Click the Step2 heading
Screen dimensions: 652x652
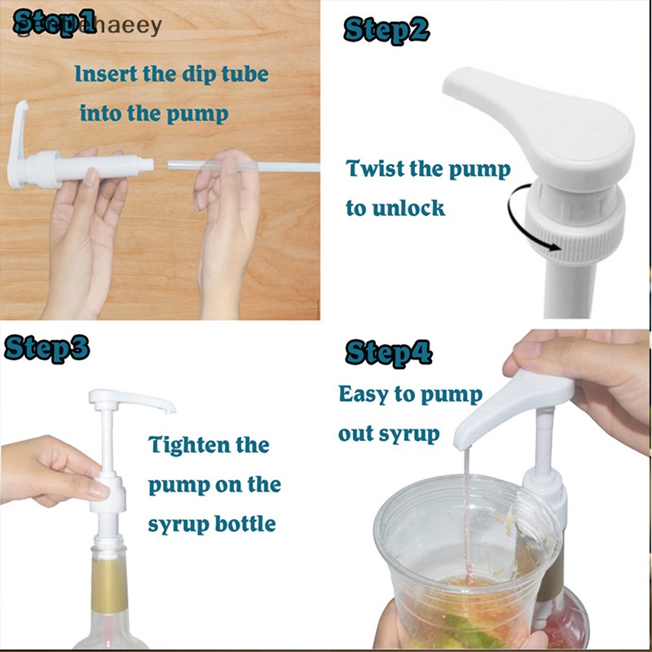pos(386,31)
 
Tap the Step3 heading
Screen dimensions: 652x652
pos(47,346)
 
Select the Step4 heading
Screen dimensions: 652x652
pos(388,353)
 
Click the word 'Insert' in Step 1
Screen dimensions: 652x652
pos(107,73)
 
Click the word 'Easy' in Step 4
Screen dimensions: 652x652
pos(363,394)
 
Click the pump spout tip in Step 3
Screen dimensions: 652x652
pos(169,407)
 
